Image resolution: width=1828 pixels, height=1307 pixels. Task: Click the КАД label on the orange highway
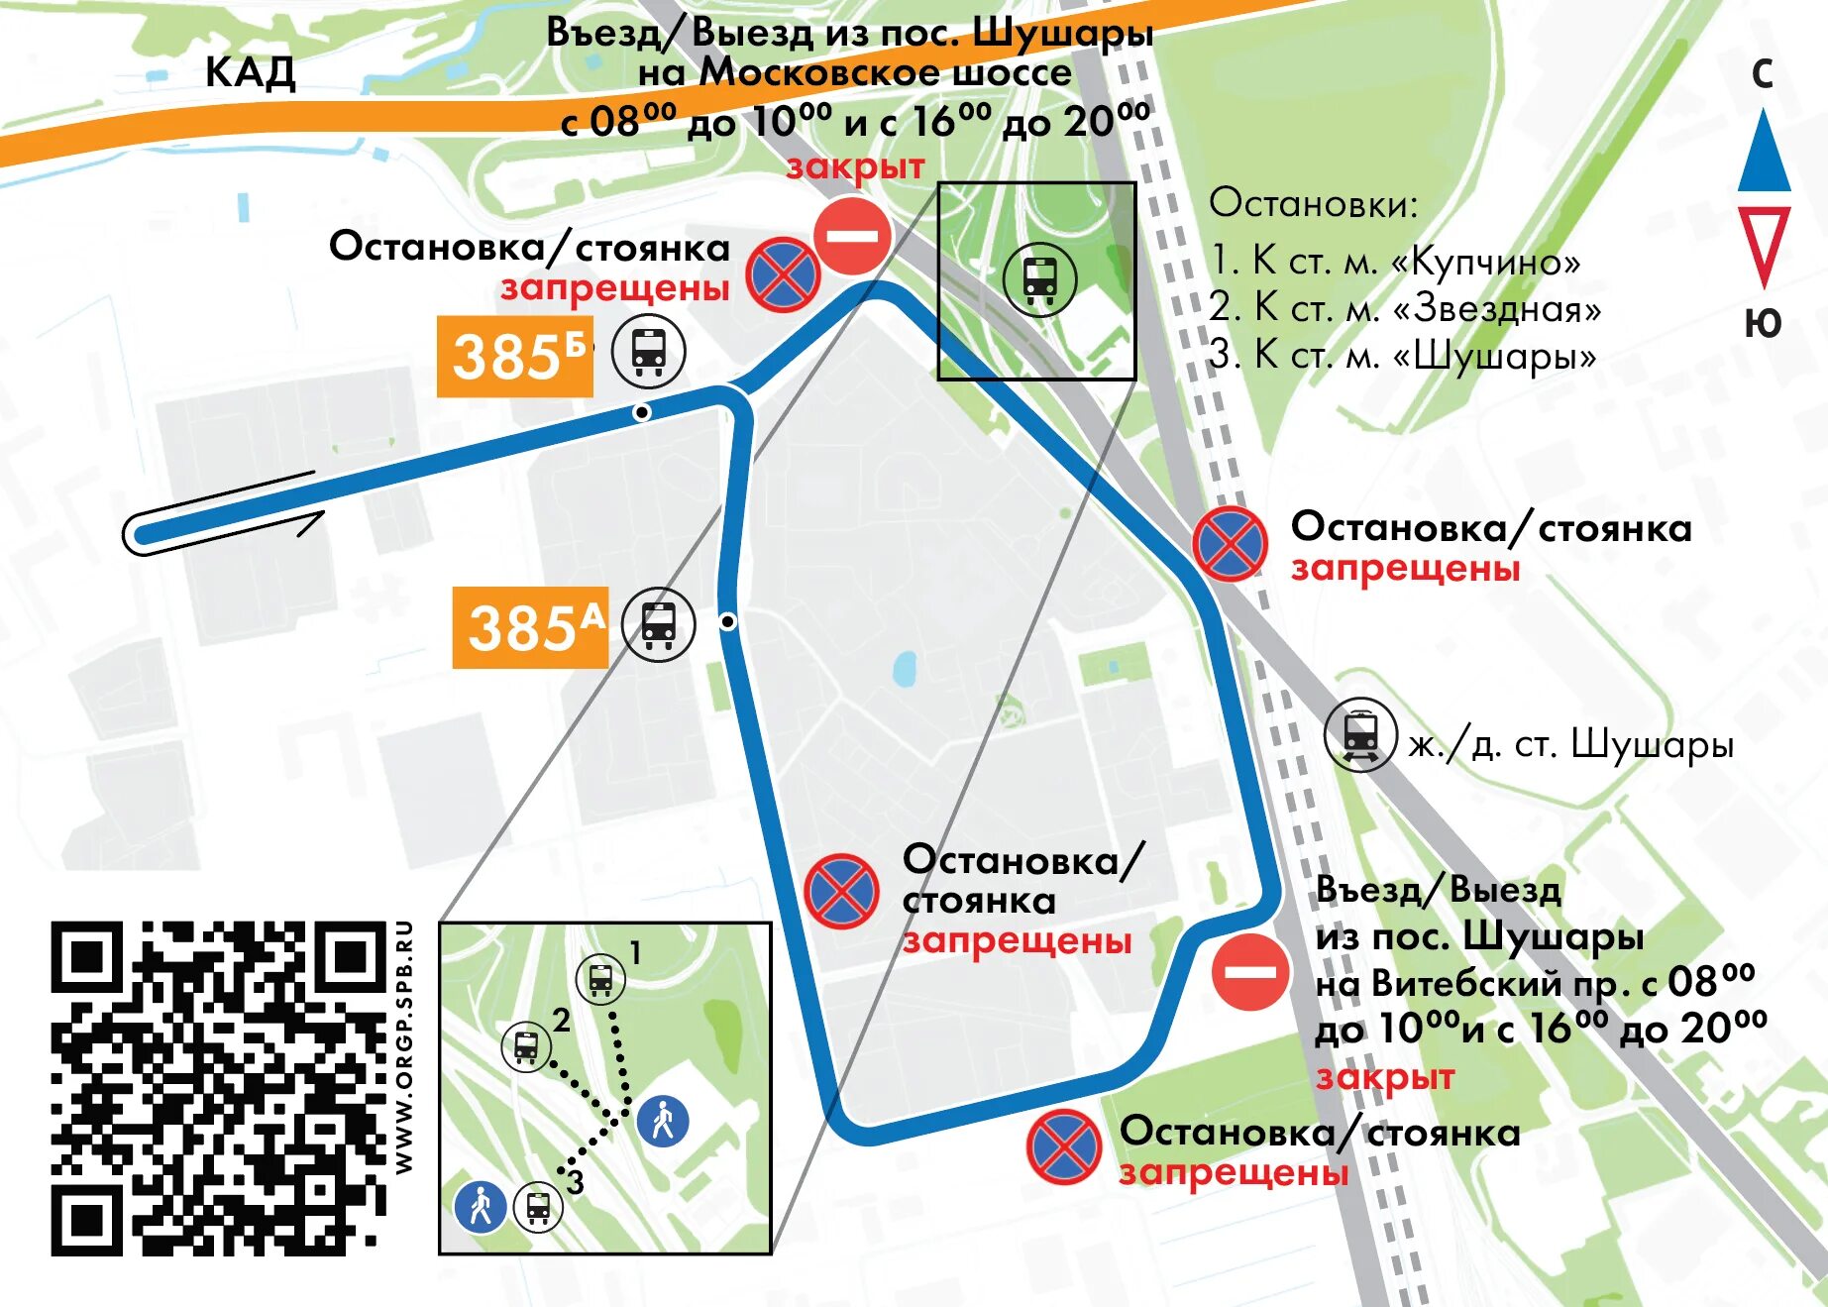coord(250,72)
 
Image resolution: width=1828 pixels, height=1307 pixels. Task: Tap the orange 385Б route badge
coord(515,357)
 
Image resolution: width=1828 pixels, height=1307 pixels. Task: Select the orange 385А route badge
coord(531,627)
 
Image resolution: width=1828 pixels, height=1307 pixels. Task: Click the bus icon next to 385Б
coord(648,351)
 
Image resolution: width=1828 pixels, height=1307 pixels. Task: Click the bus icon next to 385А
coord(658,624)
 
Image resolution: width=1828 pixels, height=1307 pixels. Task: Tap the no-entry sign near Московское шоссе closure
coord(852,236)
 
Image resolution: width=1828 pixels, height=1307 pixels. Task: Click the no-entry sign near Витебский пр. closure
coord(1250,971)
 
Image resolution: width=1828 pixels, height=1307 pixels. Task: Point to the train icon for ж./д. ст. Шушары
coord(1360,735)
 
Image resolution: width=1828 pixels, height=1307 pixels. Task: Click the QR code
coord(218,1088)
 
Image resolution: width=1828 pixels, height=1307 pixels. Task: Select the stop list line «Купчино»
coord(1395,261)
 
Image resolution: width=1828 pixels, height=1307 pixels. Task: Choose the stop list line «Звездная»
coord(1405,308)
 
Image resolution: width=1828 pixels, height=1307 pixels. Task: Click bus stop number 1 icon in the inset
coord(600,980)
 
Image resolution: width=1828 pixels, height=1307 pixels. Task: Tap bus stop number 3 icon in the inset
coord(538,1207)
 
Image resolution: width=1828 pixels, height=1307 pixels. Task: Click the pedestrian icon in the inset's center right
coord(663,1121)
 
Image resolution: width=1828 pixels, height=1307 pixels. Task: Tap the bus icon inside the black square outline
coord(1039,279)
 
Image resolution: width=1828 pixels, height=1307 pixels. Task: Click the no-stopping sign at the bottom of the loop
coord(1064,1147)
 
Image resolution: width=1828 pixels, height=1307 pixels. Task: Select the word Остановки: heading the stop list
coord(1313,203)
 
